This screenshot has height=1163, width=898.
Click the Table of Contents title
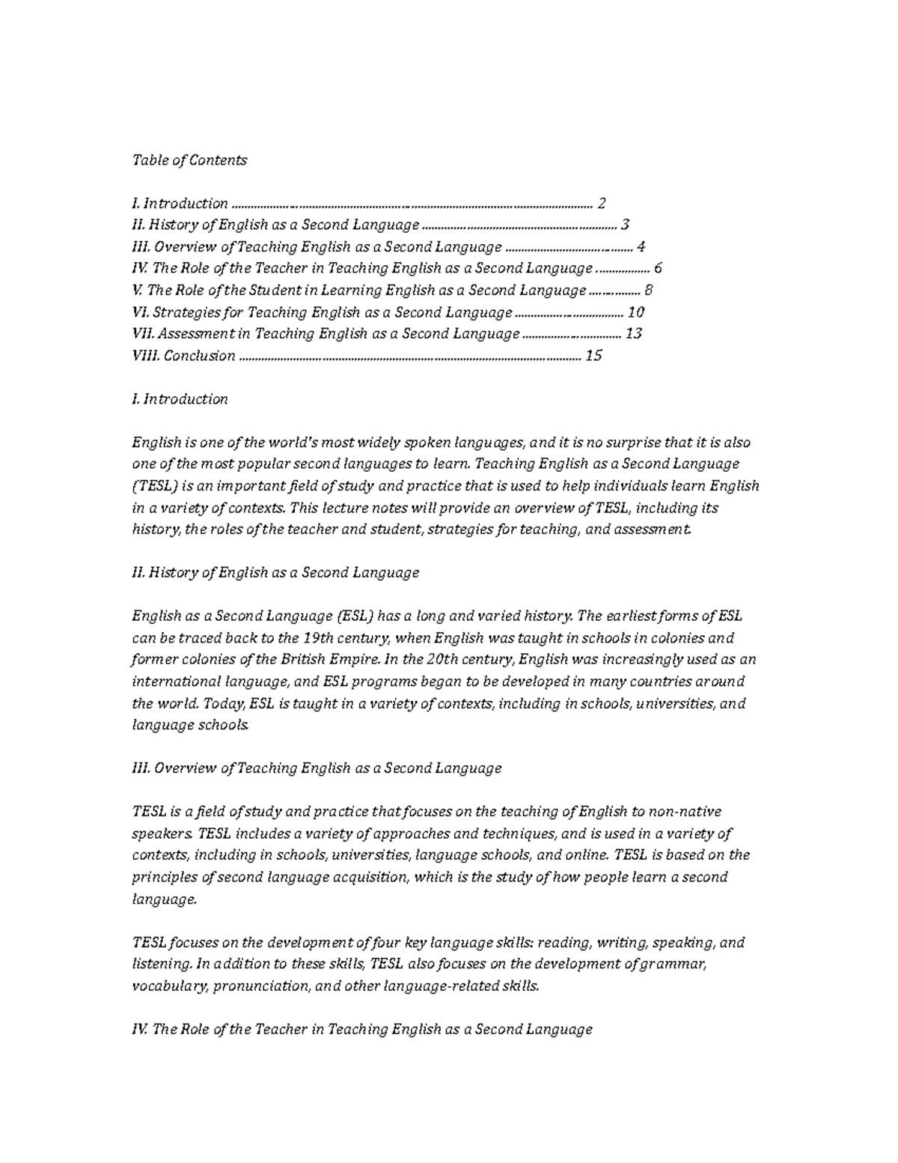(x=189, y=160)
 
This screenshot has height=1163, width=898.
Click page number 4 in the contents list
(x=641, y=247)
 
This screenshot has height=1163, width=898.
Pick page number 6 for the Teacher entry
(x=658, y=269)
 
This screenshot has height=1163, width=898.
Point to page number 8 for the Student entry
(x=649, y=291)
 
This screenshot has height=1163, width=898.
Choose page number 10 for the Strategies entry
(x=636, y=312)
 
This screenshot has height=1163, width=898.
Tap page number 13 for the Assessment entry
(x=634, y=334)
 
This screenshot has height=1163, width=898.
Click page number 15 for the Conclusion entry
(x=593, y=356)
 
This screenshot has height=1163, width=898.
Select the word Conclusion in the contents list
(x=199, y=356)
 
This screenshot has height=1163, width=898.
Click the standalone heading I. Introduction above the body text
(x=180, y=399)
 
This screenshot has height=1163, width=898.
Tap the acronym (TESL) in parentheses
(x=156, y=486)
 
